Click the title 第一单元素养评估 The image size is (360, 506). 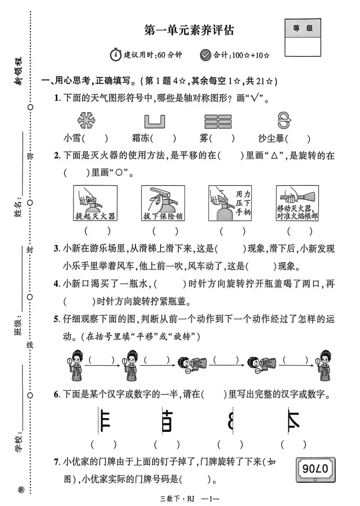pos(189,30)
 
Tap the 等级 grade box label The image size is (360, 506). pos(303,27)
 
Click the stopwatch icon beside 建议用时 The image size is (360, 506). pos(116,55)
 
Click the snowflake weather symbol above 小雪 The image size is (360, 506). pos(86,120)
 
